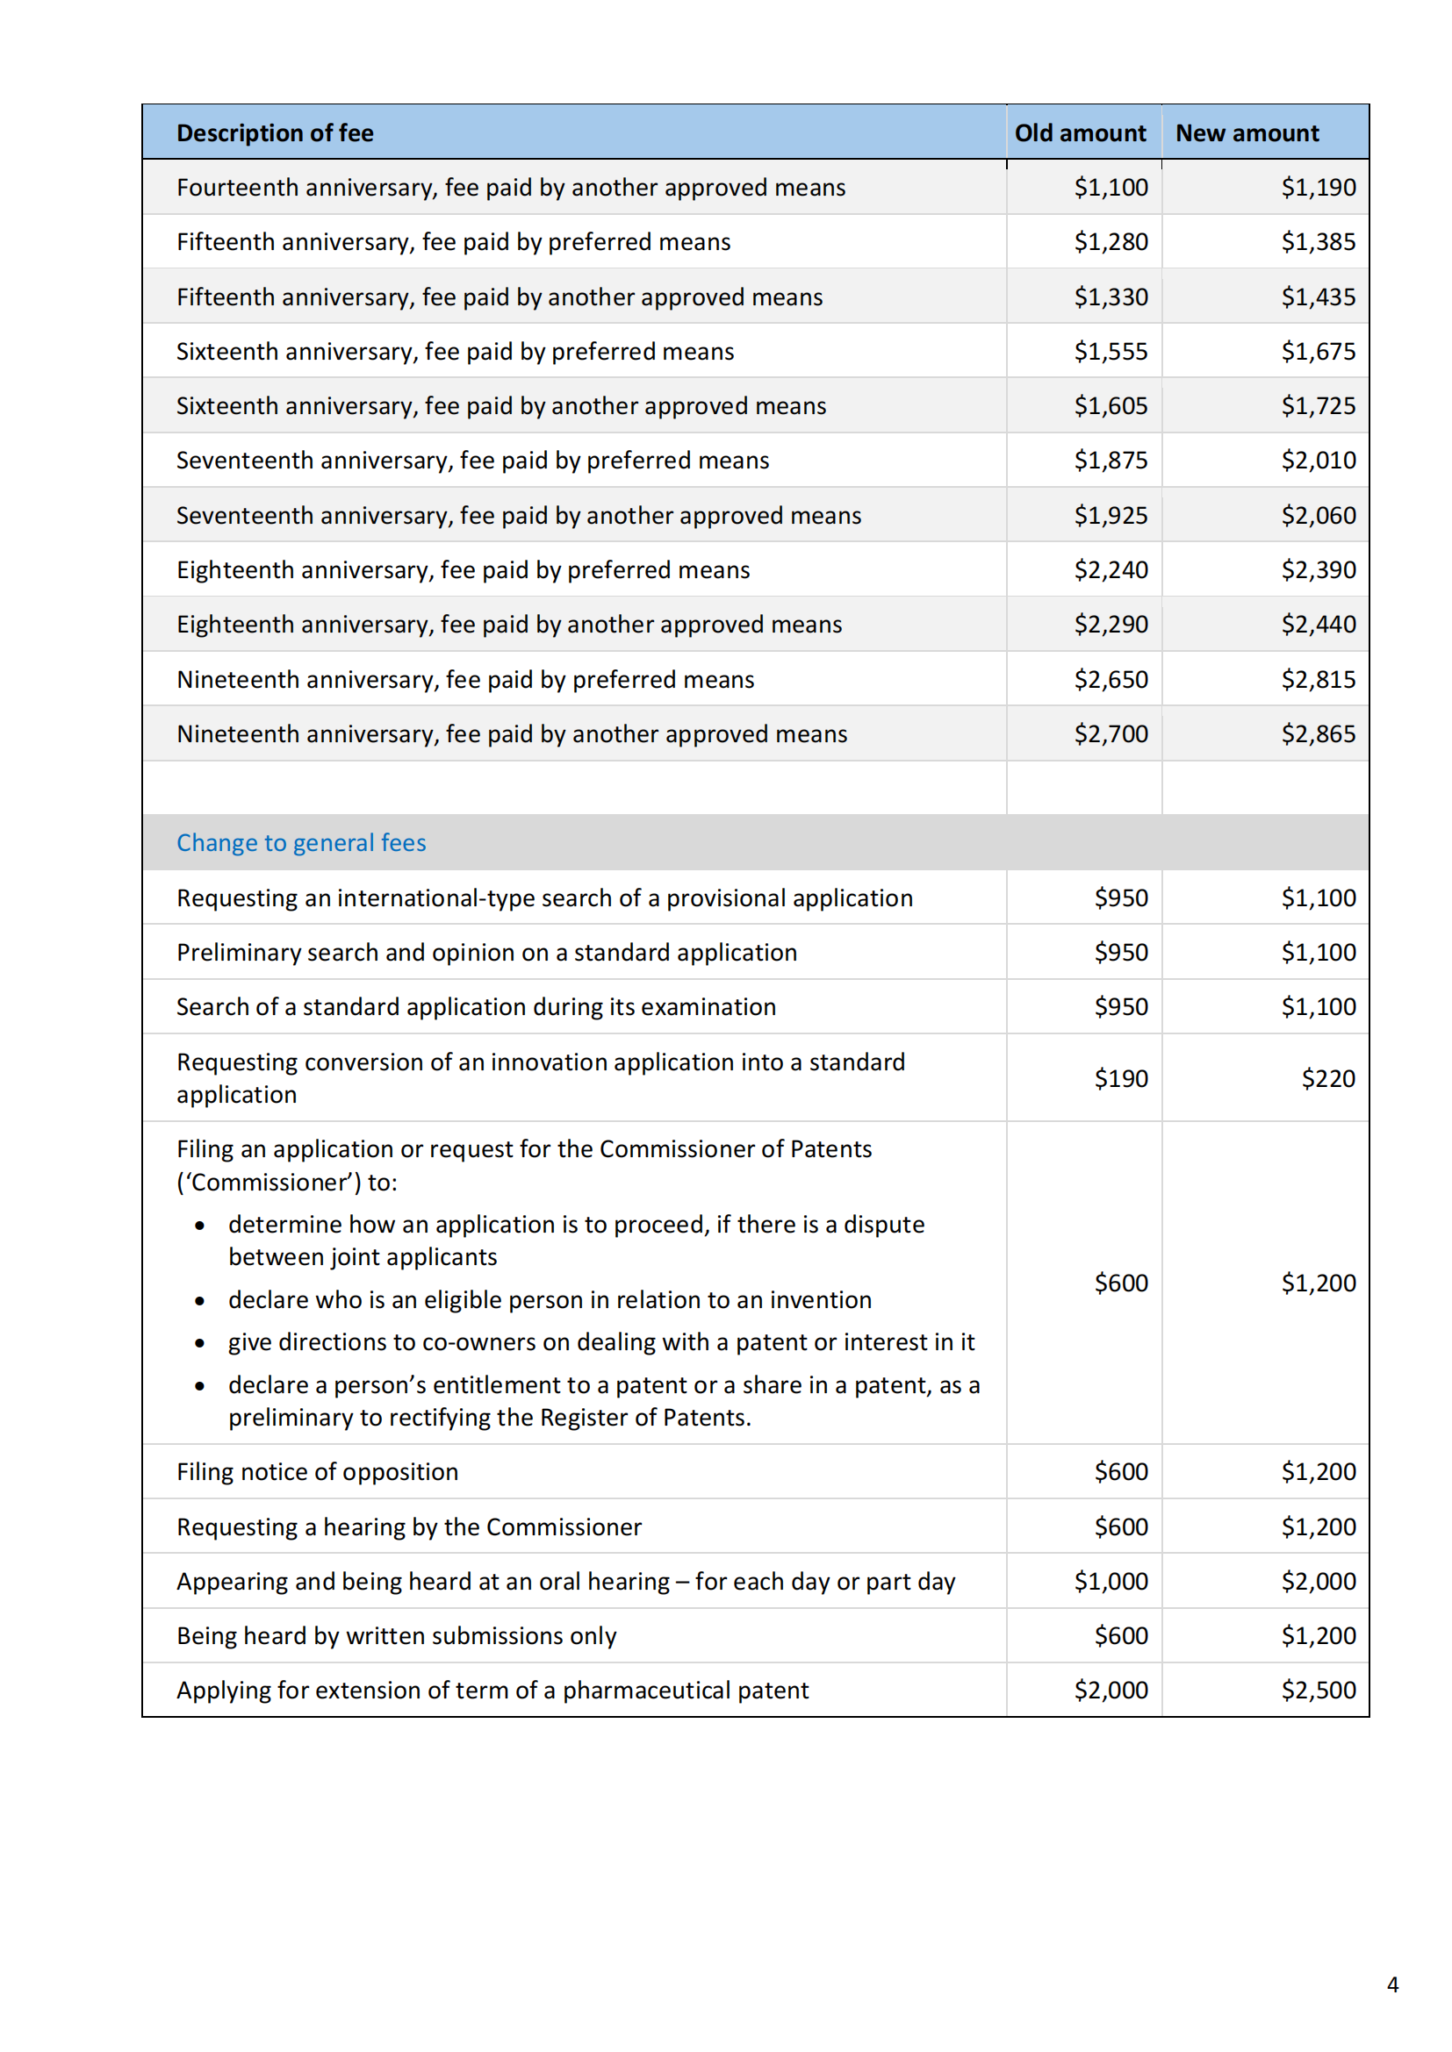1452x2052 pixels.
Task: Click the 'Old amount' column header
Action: tap(1079, 133)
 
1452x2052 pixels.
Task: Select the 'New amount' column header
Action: tap(1247, 133)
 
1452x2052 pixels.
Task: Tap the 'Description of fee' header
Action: tap(275, 133)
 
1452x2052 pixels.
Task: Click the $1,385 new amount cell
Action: tap(1318, 242)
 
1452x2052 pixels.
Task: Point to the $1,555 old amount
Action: tap(1111, 351)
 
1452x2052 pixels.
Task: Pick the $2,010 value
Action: tap(1318, 461)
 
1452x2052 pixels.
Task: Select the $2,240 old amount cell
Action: tap(1111, 570)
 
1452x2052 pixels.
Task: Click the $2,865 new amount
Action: tap(1318, 733)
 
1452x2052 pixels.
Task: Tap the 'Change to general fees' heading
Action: tap(301, 843)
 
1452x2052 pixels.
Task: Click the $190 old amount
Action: tap(1121, 1079)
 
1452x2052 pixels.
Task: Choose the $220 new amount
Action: tap(1327, 1079)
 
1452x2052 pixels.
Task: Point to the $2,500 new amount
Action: tap(1318, 1690)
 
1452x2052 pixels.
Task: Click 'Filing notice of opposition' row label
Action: tap(318, 1472)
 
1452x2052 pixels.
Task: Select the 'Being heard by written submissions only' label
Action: tap(396, 1635)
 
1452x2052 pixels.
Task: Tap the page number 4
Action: tap(1392, 1985)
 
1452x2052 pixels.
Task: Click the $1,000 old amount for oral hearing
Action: tap(1111, 1581)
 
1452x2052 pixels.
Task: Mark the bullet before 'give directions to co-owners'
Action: tap(199, 1343)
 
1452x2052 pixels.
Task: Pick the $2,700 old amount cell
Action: tap(1111, 733)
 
